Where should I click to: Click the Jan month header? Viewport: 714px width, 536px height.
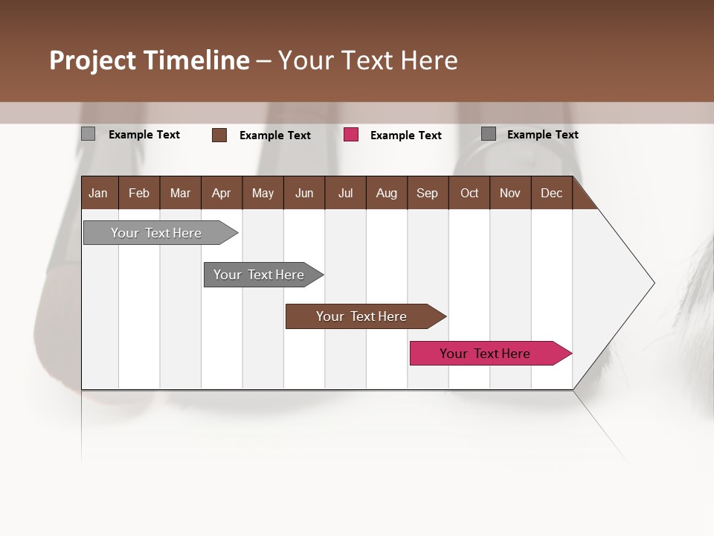click(98, 193)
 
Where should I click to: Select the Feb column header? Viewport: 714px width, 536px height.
click(139, 193)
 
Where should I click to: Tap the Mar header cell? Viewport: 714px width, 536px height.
click(180, 193)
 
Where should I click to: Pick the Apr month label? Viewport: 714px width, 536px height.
click(221, 193)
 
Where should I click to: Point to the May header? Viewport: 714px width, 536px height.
click(263, 193)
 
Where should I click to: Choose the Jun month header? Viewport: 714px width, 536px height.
click(304, 193)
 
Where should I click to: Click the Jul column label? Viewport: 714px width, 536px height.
click(345, 193)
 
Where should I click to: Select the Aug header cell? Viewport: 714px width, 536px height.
click(386, 193)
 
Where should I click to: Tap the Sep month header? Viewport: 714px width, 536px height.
click(427, 193)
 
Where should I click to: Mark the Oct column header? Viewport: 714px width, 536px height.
click(469, 193)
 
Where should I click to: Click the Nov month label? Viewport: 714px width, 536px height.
click(510, 193)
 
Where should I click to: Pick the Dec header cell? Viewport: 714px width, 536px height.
click(551, 193)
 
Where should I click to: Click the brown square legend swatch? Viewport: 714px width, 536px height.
click(219, 135)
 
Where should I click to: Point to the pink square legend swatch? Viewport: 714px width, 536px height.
click(351, 135)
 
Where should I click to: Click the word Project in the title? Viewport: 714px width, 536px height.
click(92, 60)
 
